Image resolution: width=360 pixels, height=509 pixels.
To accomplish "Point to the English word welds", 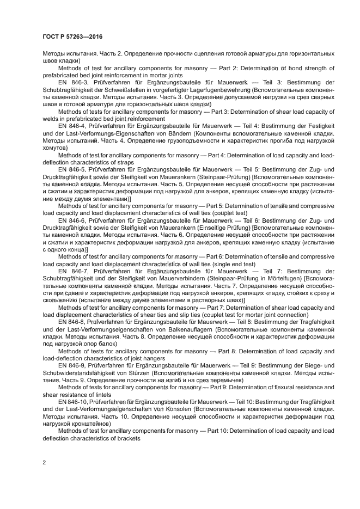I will pyautogui.click(x=50, y=119).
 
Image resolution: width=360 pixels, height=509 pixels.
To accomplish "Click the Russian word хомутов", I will pyautogui.click(x=54, y=148).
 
